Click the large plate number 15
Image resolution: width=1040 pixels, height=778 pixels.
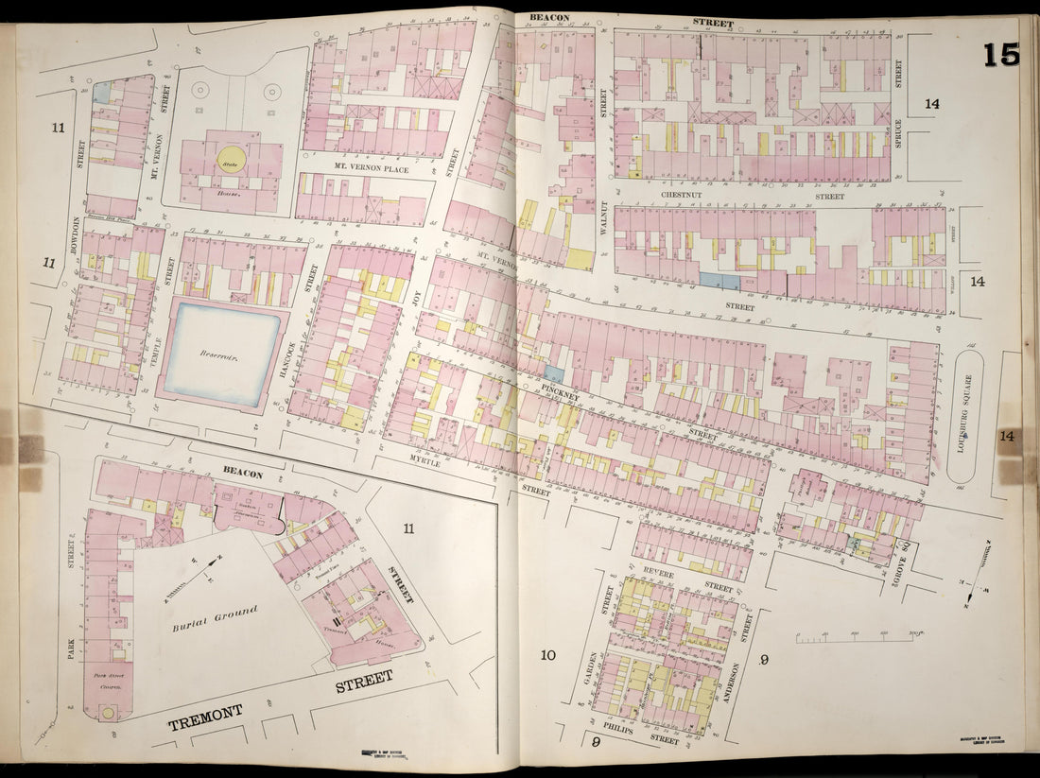(x=1000, y=55)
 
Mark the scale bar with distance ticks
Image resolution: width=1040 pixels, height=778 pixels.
(x=855, y=639)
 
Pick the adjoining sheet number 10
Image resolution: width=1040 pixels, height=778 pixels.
(x=546, y=655)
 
